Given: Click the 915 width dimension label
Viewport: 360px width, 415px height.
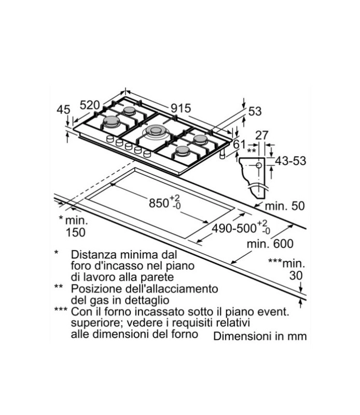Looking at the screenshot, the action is (x=181, y=108).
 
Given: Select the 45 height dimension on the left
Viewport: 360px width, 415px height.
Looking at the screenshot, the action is (x=63, y=109).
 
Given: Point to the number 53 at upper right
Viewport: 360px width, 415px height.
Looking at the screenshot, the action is (x=255, y=112).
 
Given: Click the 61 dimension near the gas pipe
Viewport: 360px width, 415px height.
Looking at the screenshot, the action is (x=240, y=144).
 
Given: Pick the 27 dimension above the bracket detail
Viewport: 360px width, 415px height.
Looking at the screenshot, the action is (x=262, y=135).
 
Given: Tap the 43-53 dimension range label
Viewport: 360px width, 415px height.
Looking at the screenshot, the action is (x=290, y=161).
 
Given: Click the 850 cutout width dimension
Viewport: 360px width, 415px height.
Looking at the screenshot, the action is (x=164, y=202).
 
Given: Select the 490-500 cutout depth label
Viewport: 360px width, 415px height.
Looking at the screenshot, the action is (x=241, y=228).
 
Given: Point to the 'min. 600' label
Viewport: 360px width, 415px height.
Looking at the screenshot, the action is (x=270, y=244).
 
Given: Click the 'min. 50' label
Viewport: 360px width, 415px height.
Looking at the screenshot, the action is (x=285, y=206).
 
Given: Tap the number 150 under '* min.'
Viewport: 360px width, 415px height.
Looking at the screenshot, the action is (x=75, y=232).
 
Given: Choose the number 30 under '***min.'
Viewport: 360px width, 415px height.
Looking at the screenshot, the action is (x=296, y=275).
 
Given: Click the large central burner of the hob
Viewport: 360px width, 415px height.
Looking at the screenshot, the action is (x=156, y=131).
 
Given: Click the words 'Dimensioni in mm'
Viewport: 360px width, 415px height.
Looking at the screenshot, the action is (x=260, y=336).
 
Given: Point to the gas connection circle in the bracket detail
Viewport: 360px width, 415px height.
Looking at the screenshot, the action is (x=259, y=165).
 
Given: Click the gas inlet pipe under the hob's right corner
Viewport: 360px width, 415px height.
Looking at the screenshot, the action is (x=223, y=154).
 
